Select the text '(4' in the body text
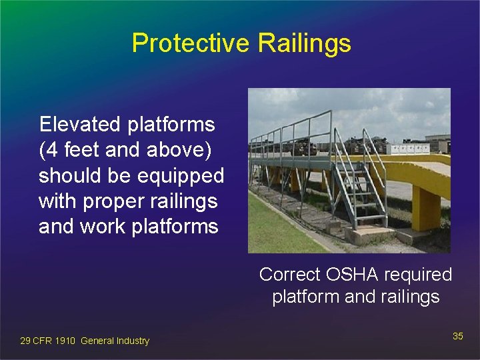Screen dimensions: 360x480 coord(49,150)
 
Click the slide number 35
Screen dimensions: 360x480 coord(457,336)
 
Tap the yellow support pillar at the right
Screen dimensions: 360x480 coord(425,207)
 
